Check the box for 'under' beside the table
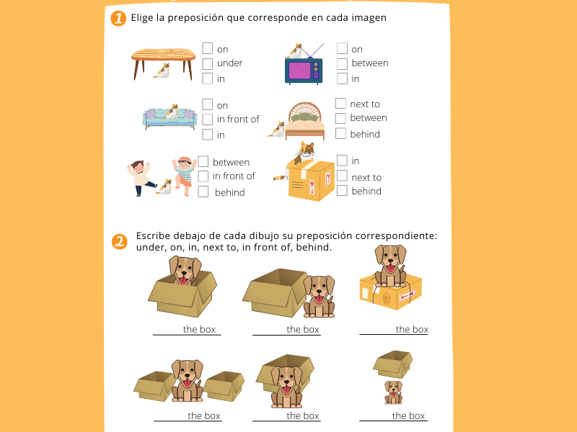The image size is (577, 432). click(x=207, y=63)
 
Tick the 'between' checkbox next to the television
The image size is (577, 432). click(x=342, y=63)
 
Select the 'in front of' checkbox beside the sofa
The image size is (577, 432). click(x=207, y=120)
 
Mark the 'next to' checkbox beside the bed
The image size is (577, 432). click(x=340, y=103)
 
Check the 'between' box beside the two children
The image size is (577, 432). click(x=203, y=161)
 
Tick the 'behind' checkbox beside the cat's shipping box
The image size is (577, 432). click(x=342, y=190)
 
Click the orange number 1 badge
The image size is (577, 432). click(x=118, y=18)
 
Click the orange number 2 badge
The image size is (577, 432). click(x=119, y=242)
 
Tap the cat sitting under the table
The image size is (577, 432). click(x=162, y=71)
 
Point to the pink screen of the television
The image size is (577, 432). click(x=300, y=71)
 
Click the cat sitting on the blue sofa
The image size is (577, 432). click(x=172, y=112)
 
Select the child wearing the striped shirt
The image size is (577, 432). click(x=185, y=176)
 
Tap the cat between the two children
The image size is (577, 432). click(x=164, y=186)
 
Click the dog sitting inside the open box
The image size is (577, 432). click(x=185, y=271)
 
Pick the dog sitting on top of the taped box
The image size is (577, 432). click(x=390, y=266)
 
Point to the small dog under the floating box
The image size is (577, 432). click(x=393, y=392)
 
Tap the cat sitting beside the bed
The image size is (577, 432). click(x=277, y=130)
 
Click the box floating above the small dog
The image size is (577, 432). click(x=393, y=364)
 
